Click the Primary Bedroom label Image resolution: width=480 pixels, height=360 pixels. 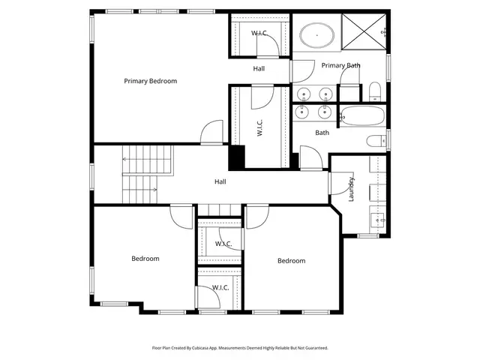tap(150, 81)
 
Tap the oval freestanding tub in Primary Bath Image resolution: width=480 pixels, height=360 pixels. tap(316, 35)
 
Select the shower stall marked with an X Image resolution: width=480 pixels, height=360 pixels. tap(364, 31)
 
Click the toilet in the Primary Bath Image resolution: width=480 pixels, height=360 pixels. tap(375, 91)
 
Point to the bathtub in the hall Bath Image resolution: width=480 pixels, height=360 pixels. tap(361, 115)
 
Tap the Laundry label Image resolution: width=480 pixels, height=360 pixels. tap(351, 190)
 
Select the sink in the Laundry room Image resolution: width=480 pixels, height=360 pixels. tap(377, 220)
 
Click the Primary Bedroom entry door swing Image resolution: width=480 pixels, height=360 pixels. tap(211, 132)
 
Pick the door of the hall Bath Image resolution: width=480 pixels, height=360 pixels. tap(311, 157)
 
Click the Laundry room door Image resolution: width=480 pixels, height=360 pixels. tap(341, 183)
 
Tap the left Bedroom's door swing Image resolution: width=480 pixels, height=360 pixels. tap(181, 217)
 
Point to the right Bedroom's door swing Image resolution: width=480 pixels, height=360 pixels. tap(258, 217)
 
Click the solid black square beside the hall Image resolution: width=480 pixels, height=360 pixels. tap(237, 157)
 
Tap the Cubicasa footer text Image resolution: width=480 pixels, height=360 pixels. tap(240, 348)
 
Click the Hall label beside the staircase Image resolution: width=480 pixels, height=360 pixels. tap(220, 181)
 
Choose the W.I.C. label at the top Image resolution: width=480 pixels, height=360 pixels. tap(259, 33)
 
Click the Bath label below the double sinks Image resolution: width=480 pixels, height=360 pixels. tap(322, 133)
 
